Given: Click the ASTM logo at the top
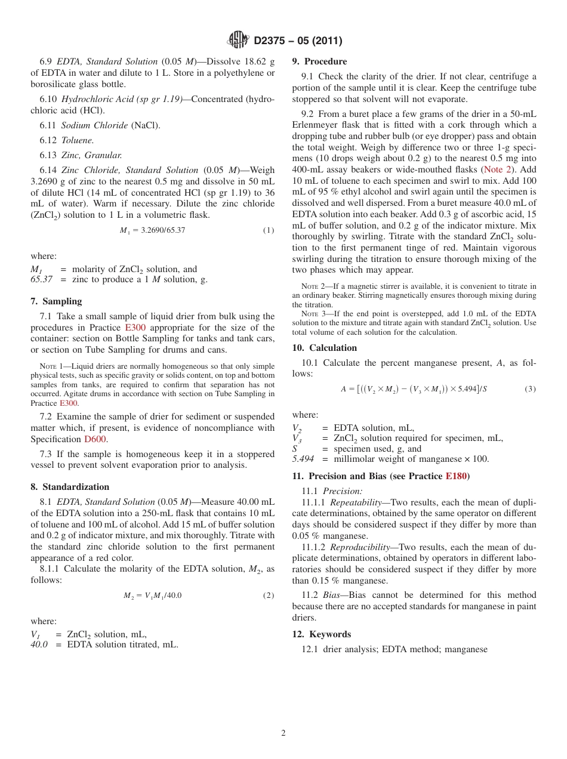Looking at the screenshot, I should click(238, 40).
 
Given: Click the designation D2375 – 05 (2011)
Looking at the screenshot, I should click(297, 41).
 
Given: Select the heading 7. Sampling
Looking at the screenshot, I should click(56, 301).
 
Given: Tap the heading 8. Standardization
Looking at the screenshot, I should click(70, 487).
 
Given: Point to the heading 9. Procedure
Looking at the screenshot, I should click(319, 61).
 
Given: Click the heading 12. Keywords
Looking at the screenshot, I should click(321, 634).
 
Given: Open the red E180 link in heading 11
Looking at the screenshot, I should click(456, 476).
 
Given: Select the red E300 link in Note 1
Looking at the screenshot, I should click(69, 403).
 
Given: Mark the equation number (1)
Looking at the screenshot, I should click(269, 230).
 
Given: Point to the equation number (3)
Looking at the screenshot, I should click(530, 389).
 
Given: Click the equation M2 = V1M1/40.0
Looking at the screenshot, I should click(152, 596).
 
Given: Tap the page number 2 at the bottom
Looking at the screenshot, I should click(283, 733).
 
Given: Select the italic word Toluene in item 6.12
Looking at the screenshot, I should click(78, 140).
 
